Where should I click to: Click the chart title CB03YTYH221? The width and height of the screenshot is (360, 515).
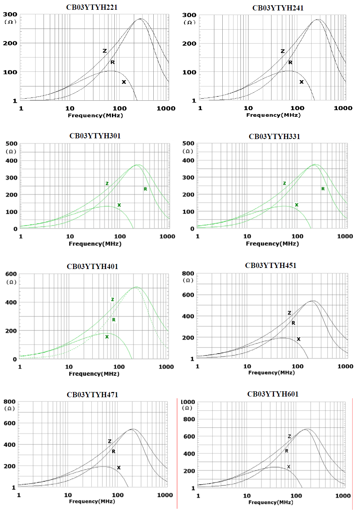pyautogui.click(x=92, y=7)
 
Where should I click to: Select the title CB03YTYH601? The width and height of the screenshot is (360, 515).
pyautogui.click(x=273, y=394)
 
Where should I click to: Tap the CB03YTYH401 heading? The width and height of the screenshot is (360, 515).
pyautogui.click(x=92, y=267)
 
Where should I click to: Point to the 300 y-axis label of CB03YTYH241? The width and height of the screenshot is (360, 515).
pyautogui.click(x=189, y=15)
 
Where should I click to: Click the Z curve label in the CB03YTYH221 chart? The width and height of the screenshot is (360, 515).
pyautogui.click(x=105, y=51)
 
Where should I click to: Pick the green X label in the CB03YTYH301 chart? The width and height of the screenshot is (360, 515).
pyautogui.click(x=119, y=205)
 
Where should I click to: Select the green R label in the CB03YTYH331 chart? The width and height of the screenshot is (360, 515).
pyautogui.click(x=323, y=189)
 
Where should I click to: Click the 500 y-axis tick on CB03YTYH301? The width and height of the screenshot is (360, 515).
pyautogui.click(x=12, y=144)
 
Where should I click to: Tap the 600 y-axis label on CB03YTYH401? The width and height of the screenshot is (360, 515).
pyautogui.click(x=11, y=274)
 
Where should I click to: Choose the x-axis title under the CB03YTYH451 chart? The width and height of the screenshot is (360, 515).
pyautogui.click(x=271, y=372)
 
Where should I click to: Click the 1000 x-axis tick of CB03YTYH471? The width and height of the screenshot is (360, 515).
pyautogui.click(x=165, y=495)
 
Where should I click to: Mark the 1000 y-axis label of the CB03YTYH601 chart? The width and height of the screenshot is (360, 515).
pyautogui.click(x=188, y=402)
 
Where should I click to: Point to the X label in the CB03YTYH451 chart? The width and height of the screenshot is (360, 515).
pyautogui.click(x=298, y=339)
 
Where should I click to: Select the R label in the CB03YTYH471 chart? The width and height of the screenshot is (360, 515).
pyautogui.click(x=114, y=451)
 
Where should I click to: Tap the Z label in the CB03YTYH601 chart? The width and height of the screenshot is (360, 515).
pyautogui.click(x=289, y=436)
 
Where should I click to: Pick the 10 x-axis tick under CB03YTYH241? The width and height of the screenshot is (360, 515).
pyautogui.click(x=248, y=108)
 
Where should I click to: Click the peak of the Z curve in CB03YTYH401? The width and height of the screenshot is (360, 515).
pyautogui.click(x=136, y=287)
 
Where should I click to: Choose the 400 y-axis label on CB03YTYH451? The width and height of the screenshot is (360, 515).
pyautogui.click(x=188, y=316)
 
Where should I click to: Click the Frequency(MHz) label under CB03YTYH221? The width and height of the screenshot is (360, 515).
pyautogui.click(x=95, y=115)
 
